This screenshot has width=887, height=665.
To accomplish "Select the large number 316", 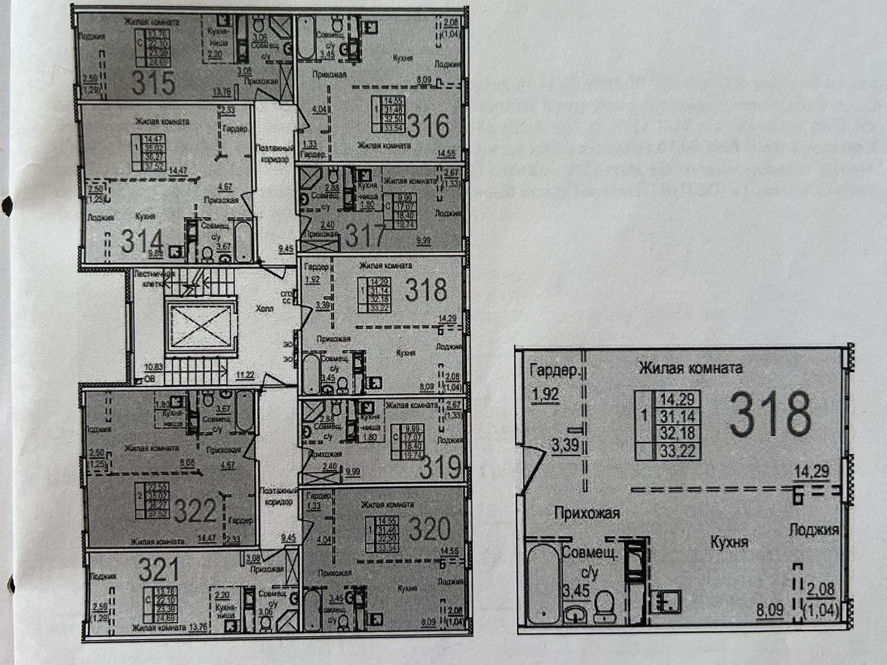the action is [428, 126].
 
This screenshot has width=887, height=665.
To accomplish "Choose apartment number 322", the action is [194, 510].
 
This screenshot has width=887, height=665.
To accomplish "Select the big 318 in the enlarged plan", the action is [770, 415].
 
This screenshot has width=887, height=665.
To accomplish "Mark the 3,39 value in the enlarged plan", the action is [565, 445].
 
